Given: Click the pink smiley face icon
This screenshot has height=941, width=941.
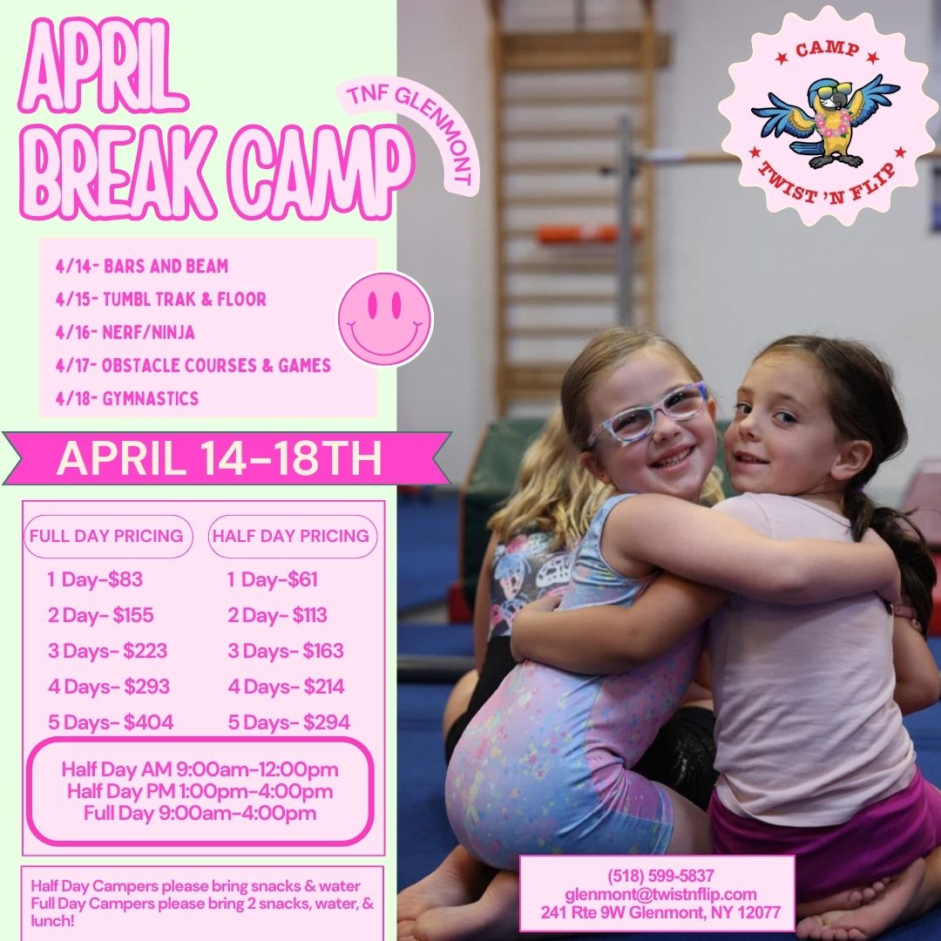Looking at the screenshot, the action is click(385, 318).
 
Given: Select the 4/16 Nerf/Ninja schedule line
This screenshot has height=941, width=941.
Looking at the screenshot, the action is click(125, 333).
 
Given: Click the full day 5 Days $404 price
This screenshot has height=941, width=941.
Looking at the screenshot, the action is click(111, 722).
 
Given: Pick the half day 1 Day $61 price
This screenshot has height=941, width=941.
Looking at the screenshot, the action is click(272, 579).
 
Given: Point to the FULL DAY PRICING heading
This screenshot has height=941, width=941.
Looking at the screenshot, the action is click(106, 535).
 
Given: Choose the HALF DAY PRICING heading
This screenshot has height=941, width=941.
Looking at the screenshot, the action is click(291, 535).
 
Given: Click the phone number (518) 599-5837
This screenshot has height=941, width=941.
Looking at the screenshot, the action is click(660, 877).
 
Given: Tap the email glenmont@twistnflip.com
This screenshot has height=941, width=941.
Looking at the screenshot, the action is click(660, 894).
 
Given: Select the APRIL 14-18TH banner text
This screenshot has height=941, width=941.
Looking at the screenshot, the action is click(220, 458).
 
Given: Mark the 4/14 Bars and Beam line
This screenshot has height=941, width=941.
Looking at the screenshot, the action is click(142, 267).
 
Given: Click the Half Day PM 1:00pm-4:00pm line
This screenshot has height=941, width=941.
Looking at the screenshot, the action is click(200, 791).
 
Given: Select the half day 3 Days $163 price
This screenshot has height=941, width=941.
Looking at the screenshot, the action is click(286, 651).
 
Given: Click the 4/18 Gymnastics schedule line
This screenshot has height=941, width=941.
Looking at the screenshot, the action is click(126, 398).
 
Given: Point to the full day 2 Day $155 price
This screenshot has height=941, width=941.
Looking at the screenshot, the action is click(101, 615).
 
